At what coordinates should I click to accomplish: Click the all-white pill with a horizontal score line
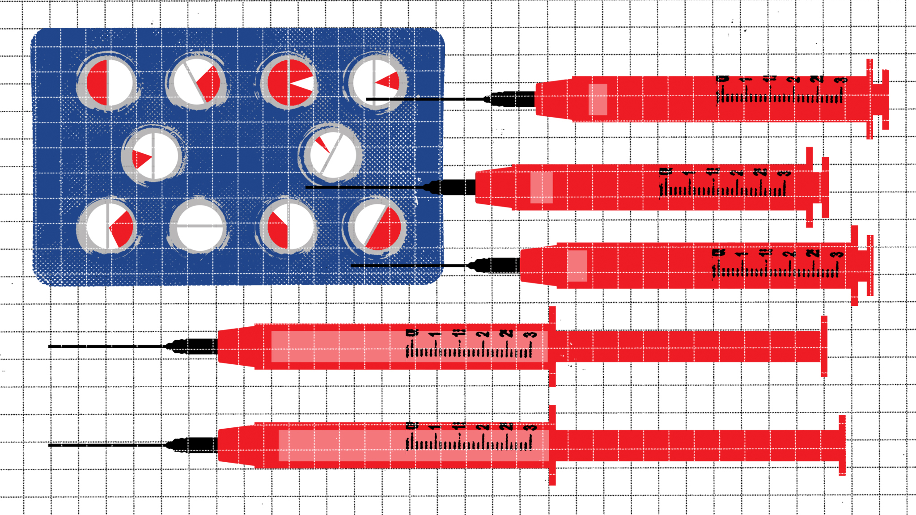pos(199,226)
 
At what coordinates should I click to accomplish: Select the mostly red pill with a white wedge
pos(289,83)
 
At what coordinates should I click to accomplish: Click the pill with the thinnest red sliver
pos(331,153)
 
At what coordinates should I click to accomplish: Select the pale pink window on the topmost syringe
pos(598,99)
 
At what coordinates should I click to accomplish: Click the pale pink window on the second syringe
pos(541,188)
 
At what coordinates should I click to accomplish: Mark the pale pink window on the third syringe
pos(577,266)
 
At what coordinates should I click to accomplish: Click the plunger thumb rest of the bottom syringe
pos(842,445)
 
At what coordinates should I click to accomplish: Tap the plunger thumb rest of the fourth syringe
pos(824,346)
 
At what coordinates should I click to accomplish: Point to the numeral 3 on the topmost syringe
pos(842,80)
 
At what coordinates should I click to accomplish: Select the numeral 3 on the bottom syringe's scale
pos(531,427)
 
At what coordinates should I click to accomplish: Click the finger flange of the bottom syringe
pos(552,445)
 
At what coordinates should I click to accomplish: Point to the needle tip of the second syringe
pos(307,187)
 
